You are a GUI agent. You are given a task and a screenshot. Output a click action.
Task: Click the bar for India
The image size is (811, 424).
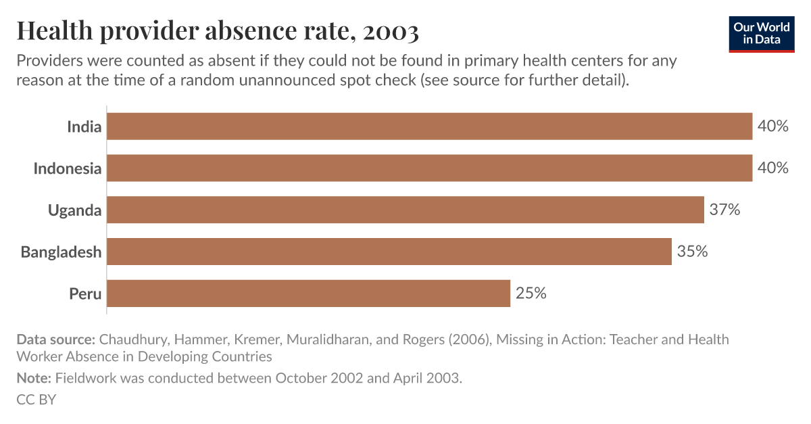pyautogui.click(x=429, y=126)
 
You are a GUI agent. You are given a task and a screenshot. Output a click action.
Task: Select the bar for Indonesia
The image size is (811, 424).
pyautogui.click(x=429, y=168)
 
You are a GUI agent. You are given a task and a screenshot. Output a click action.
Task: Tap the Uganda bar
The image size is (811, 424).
pyautogui.click(x=405, y=210)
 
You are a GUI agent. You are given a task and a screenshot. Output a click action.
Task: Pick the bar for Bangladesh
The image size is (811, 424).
pyautogui.click(x=389, y=252)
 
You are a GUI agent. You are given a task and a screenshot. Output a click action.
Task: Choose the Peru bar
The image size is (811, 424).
pyautogui.click(x=308, y=293)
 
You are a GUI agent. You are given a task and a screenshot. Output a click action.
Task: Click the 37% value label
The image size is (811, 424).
pyautogui.click(x=724, y=210)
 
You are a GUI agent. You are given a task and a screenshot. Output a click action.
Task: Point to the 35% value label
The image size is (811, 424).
pyautogui.click(x=692, y=252)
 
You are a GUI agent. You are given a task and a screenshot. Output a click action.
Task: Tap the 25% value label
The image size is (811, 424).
pyautogui.click(x=531, y=293)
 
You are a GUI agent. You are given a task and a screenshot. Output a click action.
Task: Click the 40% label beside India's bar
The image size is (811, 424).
pyautogui.click(x=772, y=126)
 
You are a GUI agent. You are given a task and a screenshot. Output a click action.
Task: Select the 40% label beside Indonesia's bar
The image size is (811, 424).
pyautogui.click(x=772, y=168)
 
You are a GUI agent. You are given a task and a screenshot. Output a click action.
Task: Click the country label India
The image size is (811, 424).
pyautogui.click(x=84, y=126)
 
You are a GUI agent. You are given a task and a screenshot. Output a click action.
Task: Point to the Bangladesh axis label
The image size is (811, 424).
pyautogui.click(x=61, y=252)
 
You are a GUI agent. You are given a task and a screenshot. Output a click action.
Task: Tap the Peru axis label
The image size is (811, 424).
pyautogui.click(x=85, y=294)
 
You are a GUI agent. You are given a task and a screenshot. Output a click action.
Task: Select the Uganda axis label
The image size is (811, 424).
pyautogui.click(x=74, y=210)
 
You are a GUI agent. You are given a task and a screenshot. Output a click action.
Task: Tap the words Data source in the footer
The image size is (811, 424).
pyautogui.click(x=55, y=339)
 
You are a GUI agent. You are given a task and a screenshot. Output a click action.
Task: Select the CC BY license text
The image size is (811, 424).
pyautogui.click(x=36, y=400)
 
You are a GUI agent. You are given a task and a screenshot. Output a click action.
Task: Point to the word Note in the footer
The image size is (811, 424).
pyautogui.click(x=33, y=378)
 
